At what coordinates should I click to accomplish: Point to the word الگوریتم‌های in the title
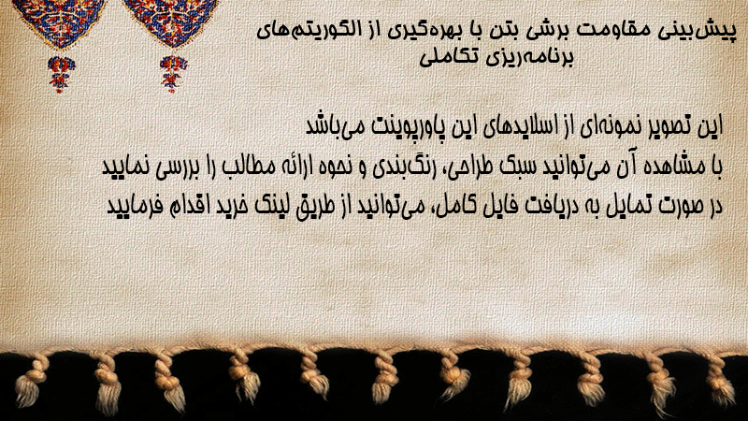[x=304, y=30]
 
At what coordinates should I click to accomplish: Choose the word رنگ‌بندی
[x=402, y=167]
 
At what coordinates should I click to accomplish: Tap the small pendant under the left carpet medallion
[x=61, y=74]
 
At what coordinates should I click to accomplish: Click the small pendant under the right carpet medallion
[x=173, y=74]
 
